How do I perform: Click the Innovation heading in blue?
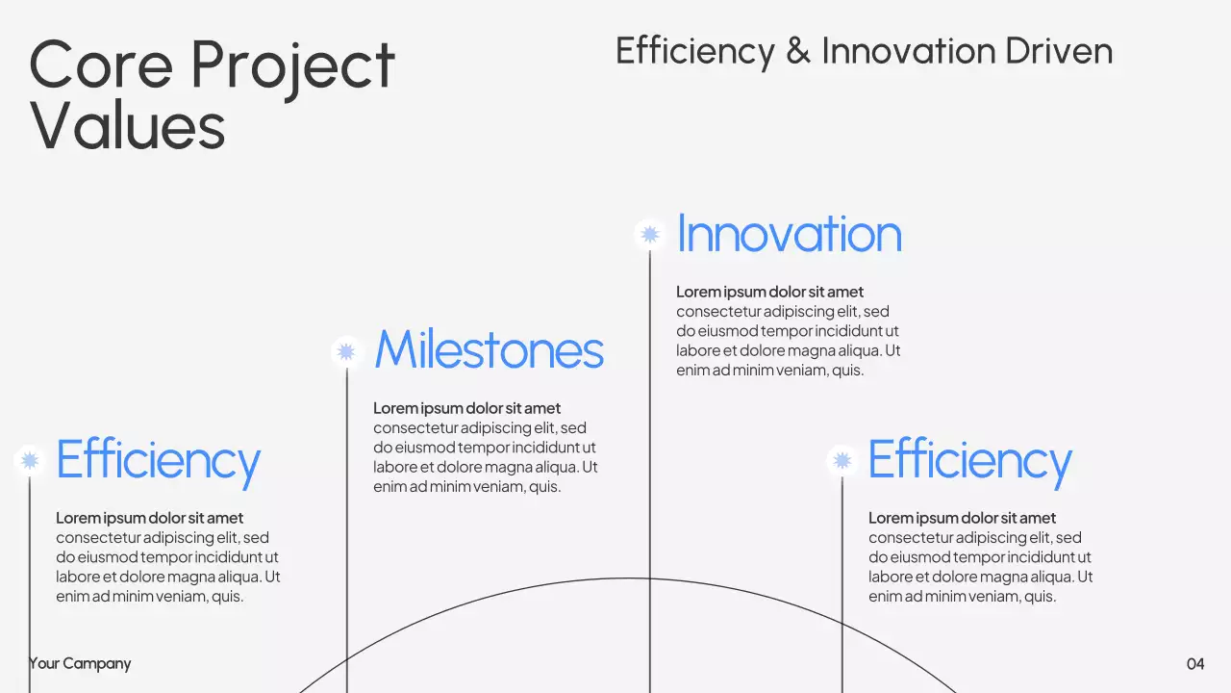789,235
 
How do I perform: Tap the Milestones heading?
489,350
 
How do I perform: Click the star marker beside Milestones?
346,351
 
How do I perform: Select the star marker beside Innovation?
650,235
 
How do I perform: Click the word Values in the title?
127,125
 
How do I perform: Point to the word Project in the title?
292,65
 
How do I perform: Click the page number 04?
1195,663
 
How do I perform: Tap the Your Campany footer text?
80,663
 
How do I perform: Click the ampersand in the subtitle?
797,51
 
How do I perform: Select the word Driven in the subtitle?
1059,51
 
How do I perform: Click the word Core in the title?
99,65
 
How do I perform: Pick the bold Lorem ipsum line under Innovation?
769,292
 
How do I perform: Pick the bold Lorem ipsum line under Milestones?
466,408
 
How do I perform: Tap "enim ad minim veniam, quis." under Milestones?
466,487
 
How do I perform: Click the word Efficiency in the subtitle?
694,51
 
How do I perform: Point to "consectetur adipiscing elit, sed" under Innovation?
782,311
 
